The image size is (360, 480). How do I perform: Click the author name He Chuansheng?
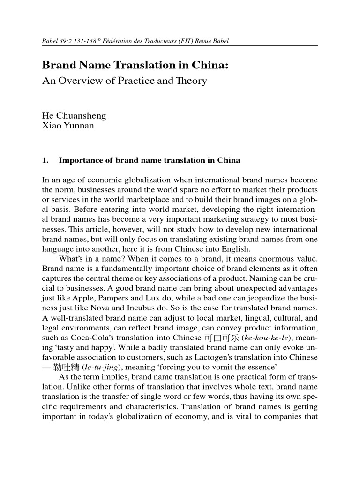(74, 115)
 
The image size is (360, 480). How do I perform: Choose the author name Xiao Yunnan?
(68, 126)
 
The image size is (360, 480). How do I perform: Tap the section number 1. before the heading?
(45, 160)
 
